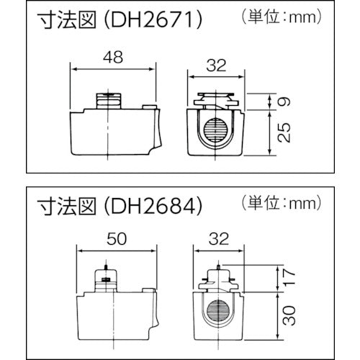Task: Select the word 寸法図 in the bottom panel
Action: pyautogui.click(x=62, y=207)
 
